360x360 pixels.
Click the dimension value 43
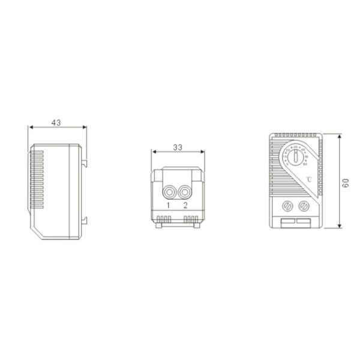pos(56,122)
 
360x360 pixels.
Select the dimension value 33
pos(178,146)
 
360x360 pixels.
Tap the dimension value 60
pos(345,183)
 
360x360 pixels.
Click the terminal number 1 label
pos(169,206)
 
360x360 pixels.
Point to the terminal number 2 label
pos(186,206)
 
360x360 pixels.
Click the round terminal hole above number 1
pos(170,192)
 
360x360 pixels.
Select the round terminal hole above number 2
pos(185,192)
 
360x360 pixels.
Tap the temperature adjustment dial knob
pos(295,159)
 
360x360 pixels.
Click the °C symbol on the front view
pos(307,179)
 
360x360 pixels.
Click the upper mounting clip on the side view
pos(85,161)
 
